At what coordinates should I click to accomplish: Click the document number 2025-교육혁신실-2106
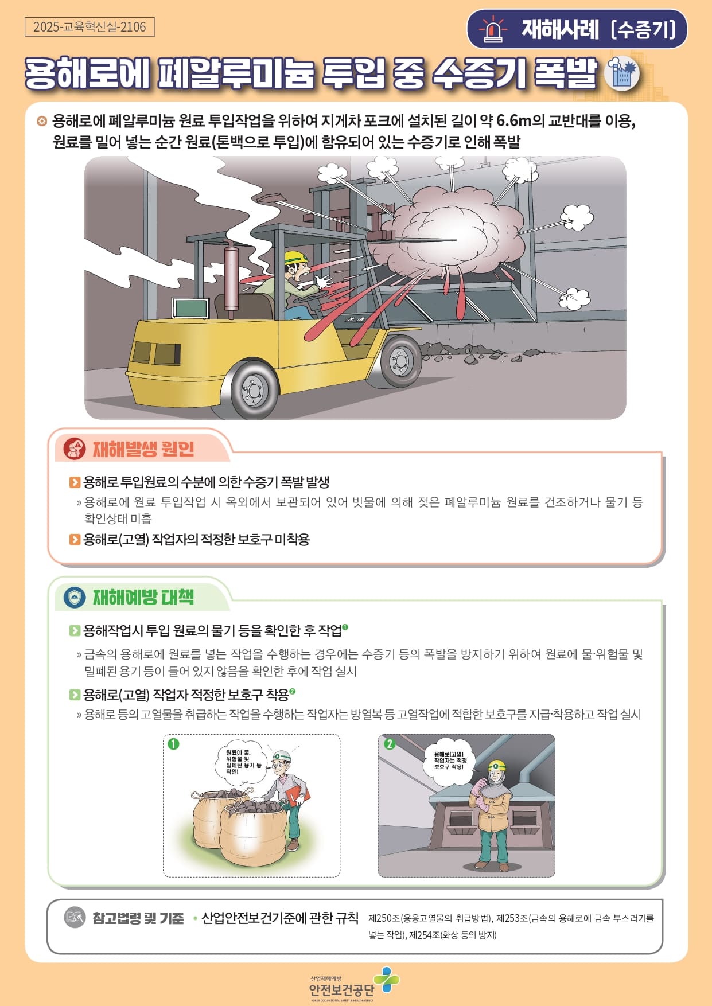click(90, 27)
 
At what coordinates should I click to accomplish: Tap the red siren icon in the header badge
click(492, 30)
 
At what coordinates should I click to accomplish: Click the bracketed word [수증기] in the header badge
click(643, 29)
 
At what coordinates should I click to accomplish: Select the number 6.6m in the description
click(515, 121)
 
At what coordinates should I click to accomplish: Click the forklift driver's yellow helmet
click(296, 258)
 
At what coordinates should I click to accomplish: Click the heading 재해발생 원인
click(143, 449)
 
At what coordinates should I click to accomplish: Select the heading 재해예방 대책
click(143, 598)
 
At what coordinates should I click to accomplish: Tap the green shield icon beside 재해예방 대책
click(74, 598)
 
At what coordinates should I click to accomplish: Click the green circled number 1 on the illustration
click(173, 744)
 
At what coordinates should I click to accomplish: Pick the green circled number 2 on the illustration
click(390, 744)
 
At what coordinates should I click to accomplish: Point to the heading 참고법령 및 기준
click(138, 918)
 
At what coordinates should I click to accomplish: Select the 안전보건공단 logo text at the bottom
click(341, 990)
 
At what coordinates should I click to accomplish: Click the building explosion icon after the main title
click(622, 73)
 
